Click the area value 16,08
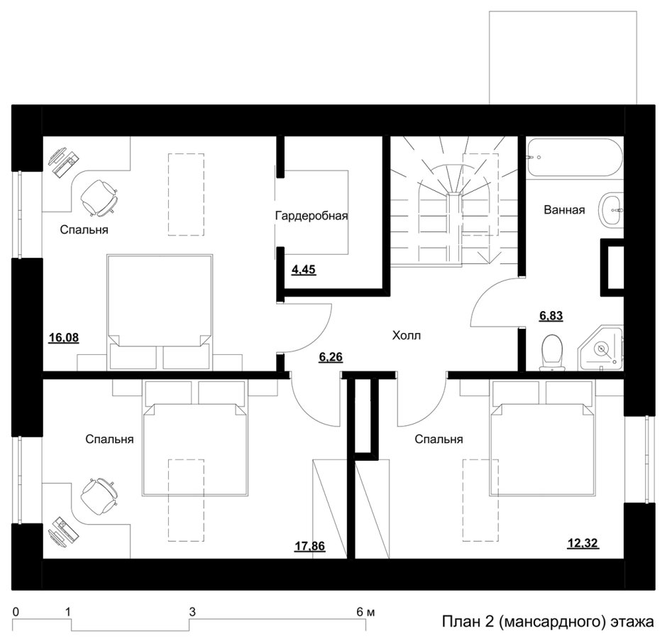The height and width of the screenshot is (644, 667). tap(64, 338)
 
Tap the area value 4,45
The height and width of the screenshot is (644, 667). tap(304, 269)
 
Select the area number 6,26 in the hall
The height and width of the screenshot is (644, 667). tap(331, 356)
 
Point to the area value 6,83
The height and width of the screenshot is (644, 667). tap(551, 316)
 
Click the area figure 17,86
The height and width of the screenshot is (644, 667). tap(310, 546)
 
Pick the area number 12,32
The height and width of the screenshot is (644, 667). tap(583, 543)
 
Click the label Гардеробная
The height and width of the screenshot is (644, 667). tap(312, 216)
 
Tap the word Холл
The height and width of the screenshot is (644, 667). tap(407, 335)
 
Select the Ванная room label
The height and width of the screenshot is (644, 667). tap(565, 210)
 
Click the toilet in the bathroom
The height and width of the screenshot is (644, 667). tap(552, 352)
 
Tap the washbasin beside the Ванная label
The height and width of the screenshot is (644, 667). tap(611, 210)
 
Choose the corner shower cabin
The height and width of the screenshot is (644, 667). tap(600, 349)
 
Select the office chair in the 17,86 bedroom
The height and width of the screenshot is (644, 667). tap(99, 497)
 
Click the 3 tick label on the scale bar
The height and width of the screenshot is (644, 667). tap(192, 612)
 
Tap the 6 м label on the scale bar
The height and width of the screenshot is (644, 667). tap(366, 612)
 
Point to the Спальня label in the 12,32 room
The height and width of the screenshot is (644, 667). tap(439, 439)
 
